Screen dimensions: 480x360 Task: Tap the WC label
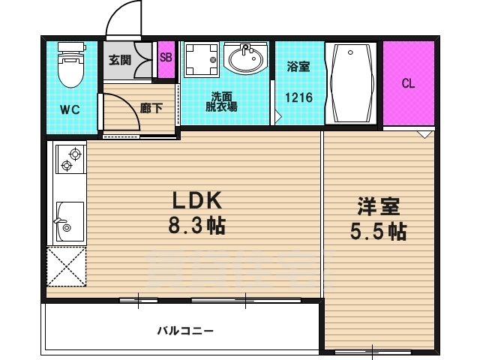tap(70, 109)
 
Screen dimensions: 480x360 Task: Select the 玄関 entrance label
tap(120, 60)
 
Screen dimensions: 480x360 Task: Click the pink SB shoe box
tap(166, 59)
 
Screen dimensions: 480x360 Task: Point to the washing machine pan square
tap(202, 60)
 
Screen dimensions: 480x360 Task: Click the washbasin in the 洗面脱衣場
tap(245, 58)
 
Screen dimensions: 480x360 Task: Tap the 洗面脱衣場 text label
tap(221, 102)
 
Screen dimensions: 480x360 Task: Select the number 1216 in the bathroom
tap(298, 97)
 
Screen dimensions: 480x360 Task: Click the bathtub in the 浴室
tap(350, 83)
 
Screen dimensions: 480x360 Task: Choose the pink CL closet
tap(409, 83)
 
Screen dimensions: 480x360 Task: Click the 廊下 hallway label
tap(151, 108)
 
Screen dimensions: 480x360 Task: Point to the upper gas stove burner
tap(75, 154)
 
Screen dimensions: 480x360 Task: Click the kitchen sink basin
tap(70, 221)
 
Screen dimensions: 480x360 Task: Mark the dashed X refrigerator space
tap(67, 267)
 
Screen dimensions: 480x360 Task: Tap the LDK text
tap(197, 201)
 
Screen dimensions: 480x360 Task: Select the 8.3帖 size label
tap(197, 226)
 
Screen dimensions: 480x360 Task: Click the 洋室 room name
tap(379, 207)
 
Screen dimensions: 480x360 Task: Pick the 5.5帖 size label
tap(378, 232)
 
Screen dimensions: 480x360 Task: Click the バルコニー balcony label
tap(185, 331)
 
